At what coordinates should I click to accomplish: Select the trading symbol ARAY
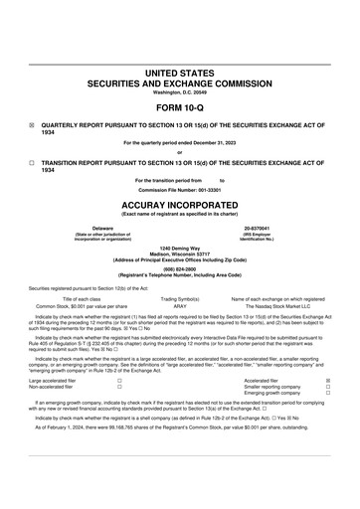pos(180,307)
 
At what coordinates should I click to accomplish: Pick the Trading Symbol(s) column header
pos(180,299)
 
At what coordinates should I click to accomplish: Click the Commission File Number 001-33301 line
pos(180,188)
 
